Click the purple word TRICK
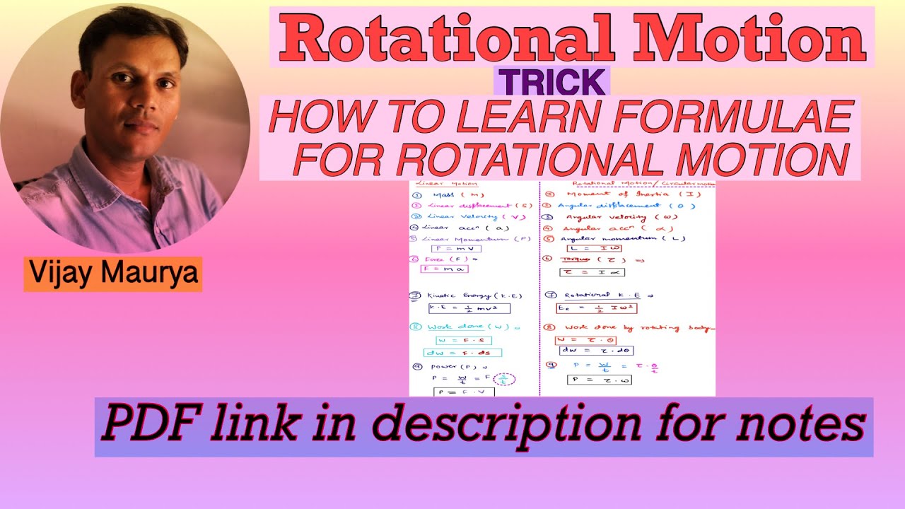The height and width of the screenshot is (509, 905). (x=551, y=82)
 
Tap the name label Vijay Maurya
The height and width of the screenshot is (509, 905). (x=113, y=274)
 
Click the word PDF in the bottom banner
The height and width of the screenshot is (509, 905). (x=142, y=425)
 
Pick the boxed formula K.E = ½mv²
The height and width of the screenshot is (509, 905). (x=469, y=308)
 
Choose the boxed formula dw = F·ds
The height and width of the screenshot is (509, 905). (x=462, y=353)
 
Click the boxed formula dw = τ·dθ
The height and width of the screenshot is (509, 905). (x=596, y=350)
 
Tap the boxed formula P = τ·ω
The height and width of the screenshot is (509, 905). (x=599, y=380)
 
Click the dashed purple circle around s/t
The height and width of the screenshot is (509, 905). (x=503, y=379)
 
